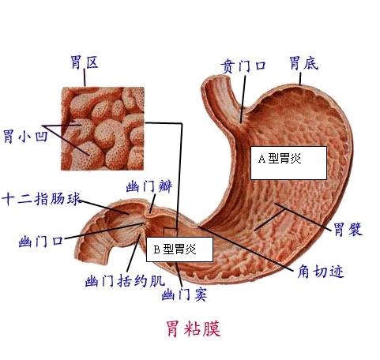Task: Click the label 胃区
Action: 85,62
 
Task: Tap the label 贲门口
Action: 243,66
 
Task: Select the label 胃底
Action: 304,63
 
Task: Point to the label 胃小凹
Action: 25,136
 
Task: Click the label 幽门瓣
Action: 149,186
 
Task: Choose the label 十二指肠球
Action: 41,199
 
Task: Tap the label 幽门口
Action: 41,242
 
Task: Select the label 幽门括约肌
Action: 125,281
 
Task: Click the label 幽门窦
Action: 184,294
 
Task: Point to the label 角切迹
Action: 321,272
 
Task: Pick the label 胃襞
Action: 348,229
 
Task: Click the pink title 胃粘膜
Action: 194,328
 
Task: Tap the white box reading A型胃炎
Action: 288,163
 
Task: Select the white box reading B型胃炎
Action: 179,249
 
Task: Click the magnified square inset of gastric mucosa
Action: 103,129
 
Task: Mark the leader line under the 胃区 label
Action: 85,77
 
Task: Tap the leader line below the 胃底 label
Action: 300,79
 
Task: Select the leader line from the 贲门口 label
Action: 243,99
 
